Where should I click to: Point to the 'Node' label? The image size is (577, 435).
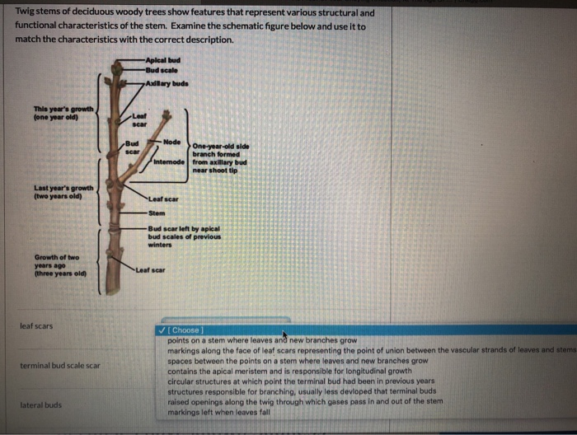click(x=172, y=142)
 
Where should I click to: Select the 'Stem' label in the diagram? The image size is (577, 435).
click(x=157, y=213)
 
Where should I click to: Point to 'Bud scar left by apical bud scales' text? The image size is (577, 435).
click(x=184, y=236)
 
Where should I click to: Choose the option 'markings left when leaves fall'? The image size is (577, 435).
click(x=219, y=411)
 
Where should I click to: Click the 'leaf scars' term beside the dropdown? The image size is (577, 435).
click(x=36, y=326)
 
